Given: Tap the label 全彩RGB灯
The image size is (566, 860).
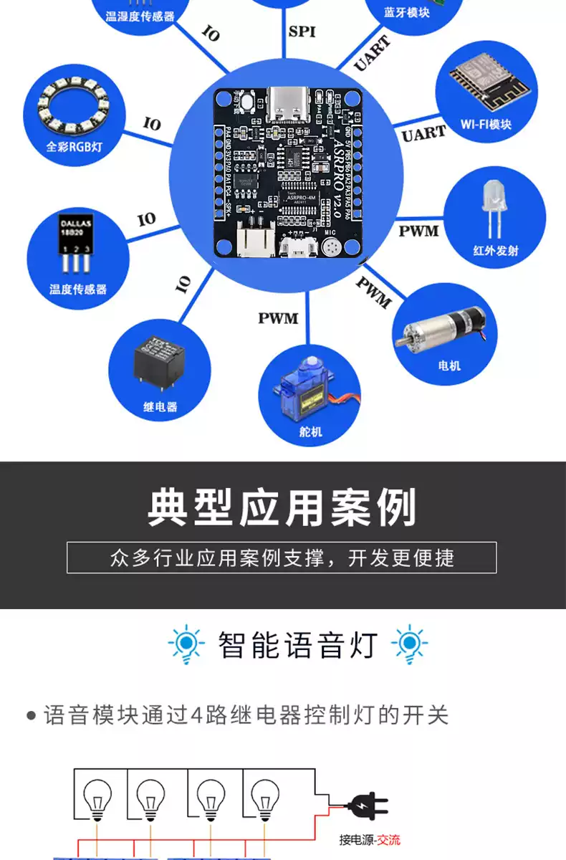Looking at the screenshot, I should click(75, 148).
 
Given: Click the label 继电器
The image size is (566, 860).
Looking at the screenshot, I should click(160, 406).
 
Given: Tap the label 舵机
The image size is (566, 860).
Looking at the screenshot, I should click(311, 431).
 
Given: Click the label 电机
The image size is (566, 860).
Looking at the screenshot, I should click(449, 365).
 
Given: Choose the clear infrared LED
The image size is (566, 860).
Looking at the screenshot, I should click(492, 205).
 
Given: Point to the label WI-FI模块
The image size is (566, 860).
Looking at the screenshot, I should click(486, 124).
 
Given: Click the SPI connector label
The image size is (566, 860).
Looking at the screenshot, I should click(302, 32).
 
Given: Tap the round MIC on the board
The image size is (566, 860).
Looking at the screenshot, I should click(330, 248).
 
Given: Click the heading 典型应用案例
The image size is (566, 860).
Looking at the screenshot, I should click(282, 507).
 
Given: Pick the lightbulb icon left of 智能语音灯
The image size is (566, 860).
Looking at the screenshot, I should click(186, 644).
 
